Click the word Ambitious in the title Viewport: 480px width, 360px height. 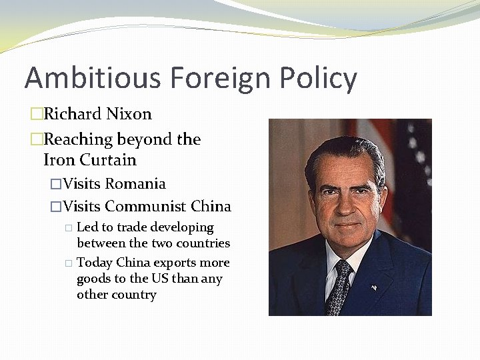click(x=93, y=78)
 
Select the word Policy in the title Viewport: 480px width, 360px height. click(x=318, y=78)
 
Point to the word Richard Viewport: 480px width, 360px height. click(x=71, y=114)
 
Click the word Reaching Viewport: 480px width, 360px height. click(x=78, y=139)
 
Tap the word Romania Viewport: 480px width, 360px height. click(x=135, y=183)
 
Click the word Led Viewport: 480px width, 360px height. click(x=88, y=227)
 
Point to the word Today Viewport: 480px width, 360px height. click(x=95, y=263)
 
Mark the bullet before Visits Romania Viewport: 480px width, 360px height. click(x=56, y=184)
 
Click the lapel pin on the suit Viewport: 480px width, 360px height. click(x=374, y=287)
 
